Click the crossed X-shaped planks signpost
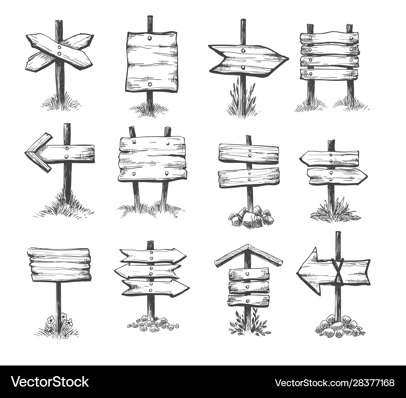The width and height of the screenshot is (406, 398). tap(59, 52)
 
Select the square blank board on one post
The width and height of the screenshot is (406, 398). tap(151, 61)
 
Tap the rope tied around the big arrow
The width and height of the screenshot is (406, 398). tap(337, 271)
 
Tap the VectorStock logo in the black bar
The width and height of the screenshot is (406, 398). tap(50, 382)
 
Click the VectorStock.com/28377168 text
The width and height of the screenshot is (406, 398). tap(334, 383)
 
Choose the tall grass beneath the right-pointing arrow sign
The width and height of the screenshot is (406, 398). tap(242, 102)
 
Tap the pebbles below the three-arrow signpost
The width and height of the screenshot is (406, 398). tap(153, 323)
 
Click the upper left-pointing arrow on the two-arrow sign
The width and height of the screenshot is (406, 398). tap(329, 158)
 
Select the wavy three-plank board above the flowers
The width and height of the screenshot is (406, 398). tap(59, 264)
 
